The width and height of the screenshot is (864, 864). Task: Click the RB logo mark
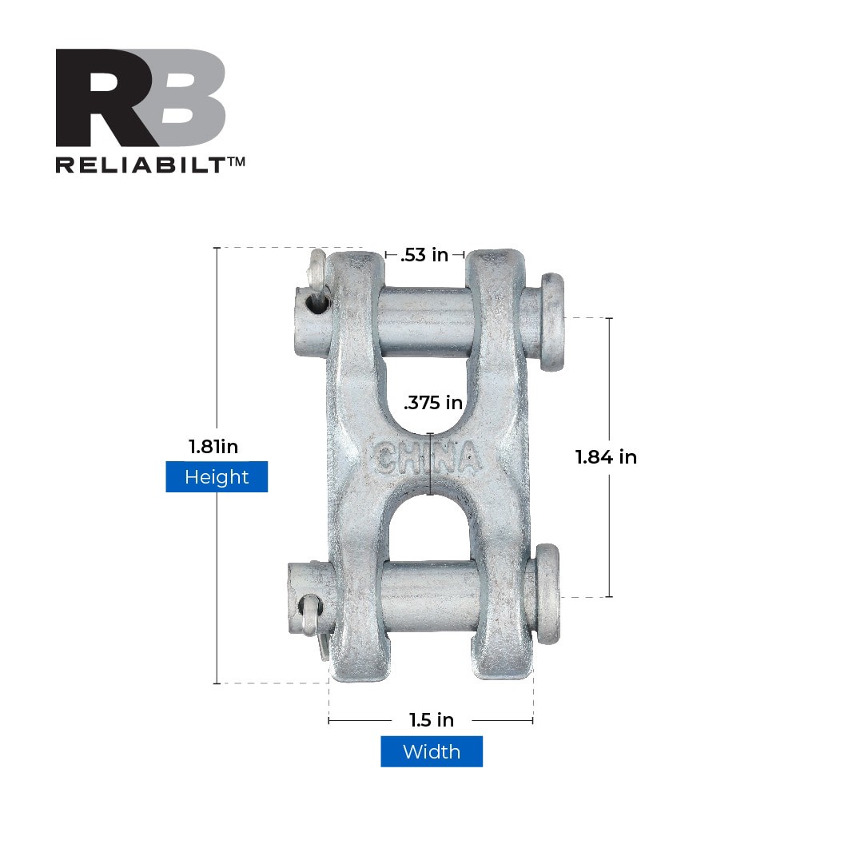click(140, 98)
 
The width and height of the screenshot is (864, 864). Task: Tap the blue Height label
click(217, 477)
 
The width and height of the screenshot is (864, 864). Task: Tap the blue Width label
click(432, 752)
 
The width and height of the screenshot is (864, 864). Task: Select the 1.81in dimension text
click(213, 447)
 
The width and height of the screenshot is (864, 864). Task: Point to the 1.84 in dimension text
click(606, 457)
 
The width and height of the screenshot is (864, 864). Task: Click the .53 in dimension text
click(424, 255)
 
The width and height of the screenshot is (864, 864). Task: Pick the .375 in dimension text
click(433, 403)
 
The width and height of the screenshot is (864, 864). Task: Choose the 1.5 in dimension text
click(432, 720)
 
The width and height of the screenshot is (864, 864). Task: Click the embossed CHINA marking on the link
click(426, 458)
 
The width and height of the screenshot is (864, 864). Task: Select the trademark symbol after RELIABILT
click(236, 162)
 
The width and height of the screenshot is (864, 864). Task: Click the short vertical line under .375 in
click(431, 464)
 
